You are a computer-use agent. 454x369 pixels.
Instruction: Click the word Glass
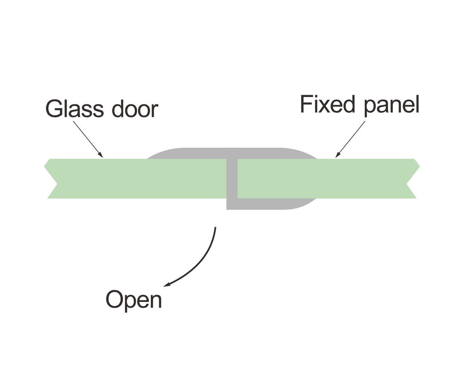(x=74, y=108)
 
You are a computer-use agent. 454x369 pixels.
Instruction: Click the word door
(x=135, y=108)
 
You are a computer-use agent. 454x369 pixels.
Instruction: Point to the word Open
(x=133, y=300)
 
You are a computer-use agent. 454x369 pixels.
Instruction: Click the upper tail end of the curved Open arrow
(x=215, y=228)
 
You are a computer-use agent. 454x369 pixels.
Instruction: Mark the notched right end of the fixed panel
(x=412, y=179)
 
